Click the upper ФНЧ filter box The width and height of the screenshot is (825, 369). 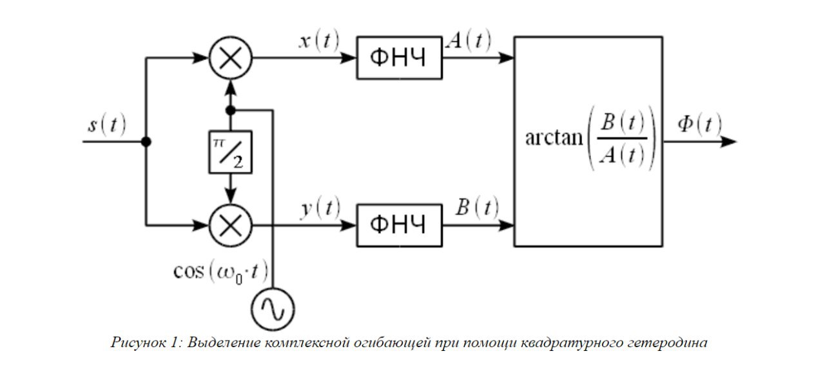point(400,58)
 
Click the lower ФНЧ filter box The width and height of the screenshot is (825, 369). point(400,226)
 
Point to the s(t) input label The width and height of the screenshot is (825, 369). point(107,125)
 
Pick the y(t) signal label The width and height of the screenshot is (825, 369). point(319,208)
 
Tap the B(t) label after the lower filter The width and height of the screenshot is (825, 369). point(477,208)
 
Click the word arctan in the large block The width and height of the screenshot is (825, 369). point(554,139)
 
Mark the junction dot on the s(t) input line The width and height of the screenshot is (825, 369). point(147,141)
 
